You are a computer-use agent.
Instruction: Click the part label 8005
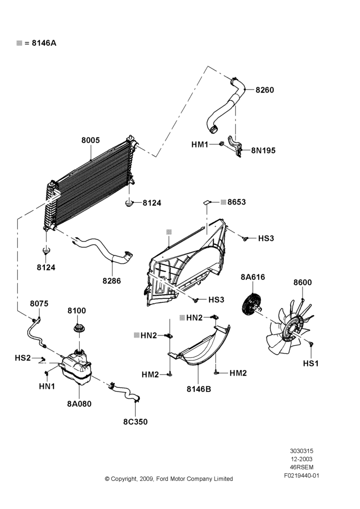coord(91,140)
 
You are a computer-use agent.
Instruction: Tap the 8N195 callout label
coord(263,150)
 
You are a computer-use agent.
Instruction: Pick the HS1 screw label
coord(311,363)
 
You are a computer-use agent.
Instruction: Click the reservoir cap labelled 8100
coord(78,328)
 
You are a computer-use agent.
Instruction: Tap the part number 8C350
coord(135,421)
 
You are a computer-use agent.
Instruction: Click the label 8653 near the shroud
coord(236,202)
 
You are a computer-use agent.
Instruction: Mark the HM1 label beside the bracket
coord(200,144)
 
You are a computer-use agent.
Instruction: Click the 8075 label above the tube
coord(39,303)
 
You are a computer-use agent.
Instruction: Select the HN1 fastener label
coord(47,386)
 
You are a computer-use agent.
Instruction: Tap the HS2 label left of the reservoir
coord(23,358)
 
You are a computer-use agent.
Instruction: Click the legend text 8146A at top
coord(44,43)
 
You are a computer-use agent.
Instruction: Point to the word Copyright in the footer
coord(124,479)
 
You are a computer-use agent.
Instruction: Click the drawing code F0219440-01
coord(302,475)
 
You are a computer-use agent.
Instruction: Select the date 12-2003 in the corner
coord(302,459)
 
